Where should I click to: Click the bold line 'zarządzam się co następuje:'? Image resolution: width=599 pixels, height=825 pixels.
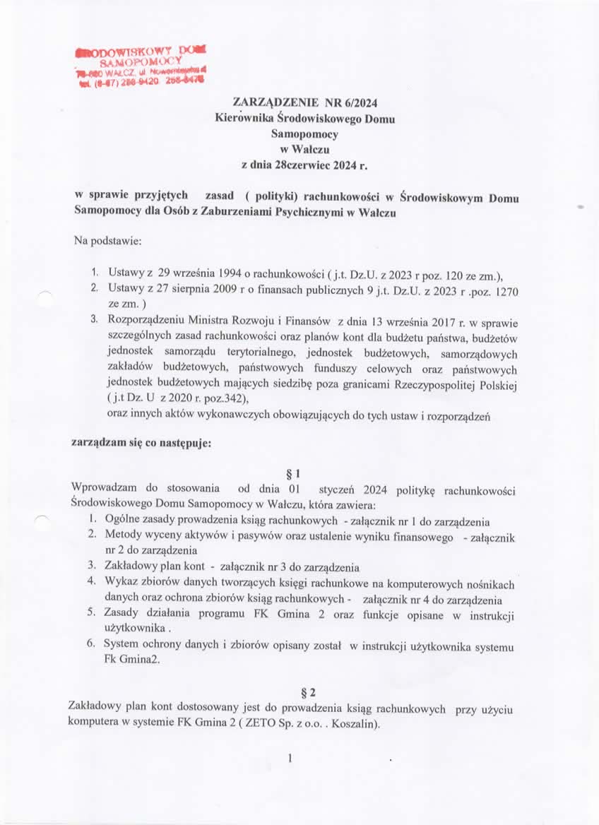pyautogui.click(x=141, y=445)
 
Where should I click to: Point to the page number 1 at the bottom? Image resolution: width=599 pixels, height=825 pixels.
pyautogui.click(x=290, y=759)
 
